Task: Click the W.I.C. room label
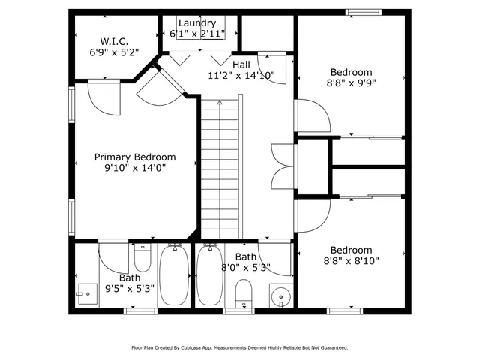[115, 40]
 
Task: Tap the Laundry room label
[197, 23]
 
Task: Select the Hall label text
[241, 64]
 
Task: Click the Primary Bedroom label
[135, 157]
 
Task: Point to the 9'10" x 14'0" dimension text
[135, 169]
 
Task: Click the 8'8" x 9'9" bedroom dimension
[352, 84]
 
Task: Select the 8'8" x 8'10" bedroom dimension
[352, 261]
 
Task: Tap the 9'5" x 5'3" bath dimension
[129, 287]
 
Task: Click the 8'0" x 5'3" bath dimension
[246, 267]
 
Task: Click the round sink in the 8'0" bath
[280, 296]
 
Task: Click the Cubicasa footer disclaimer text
[240, 348]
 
